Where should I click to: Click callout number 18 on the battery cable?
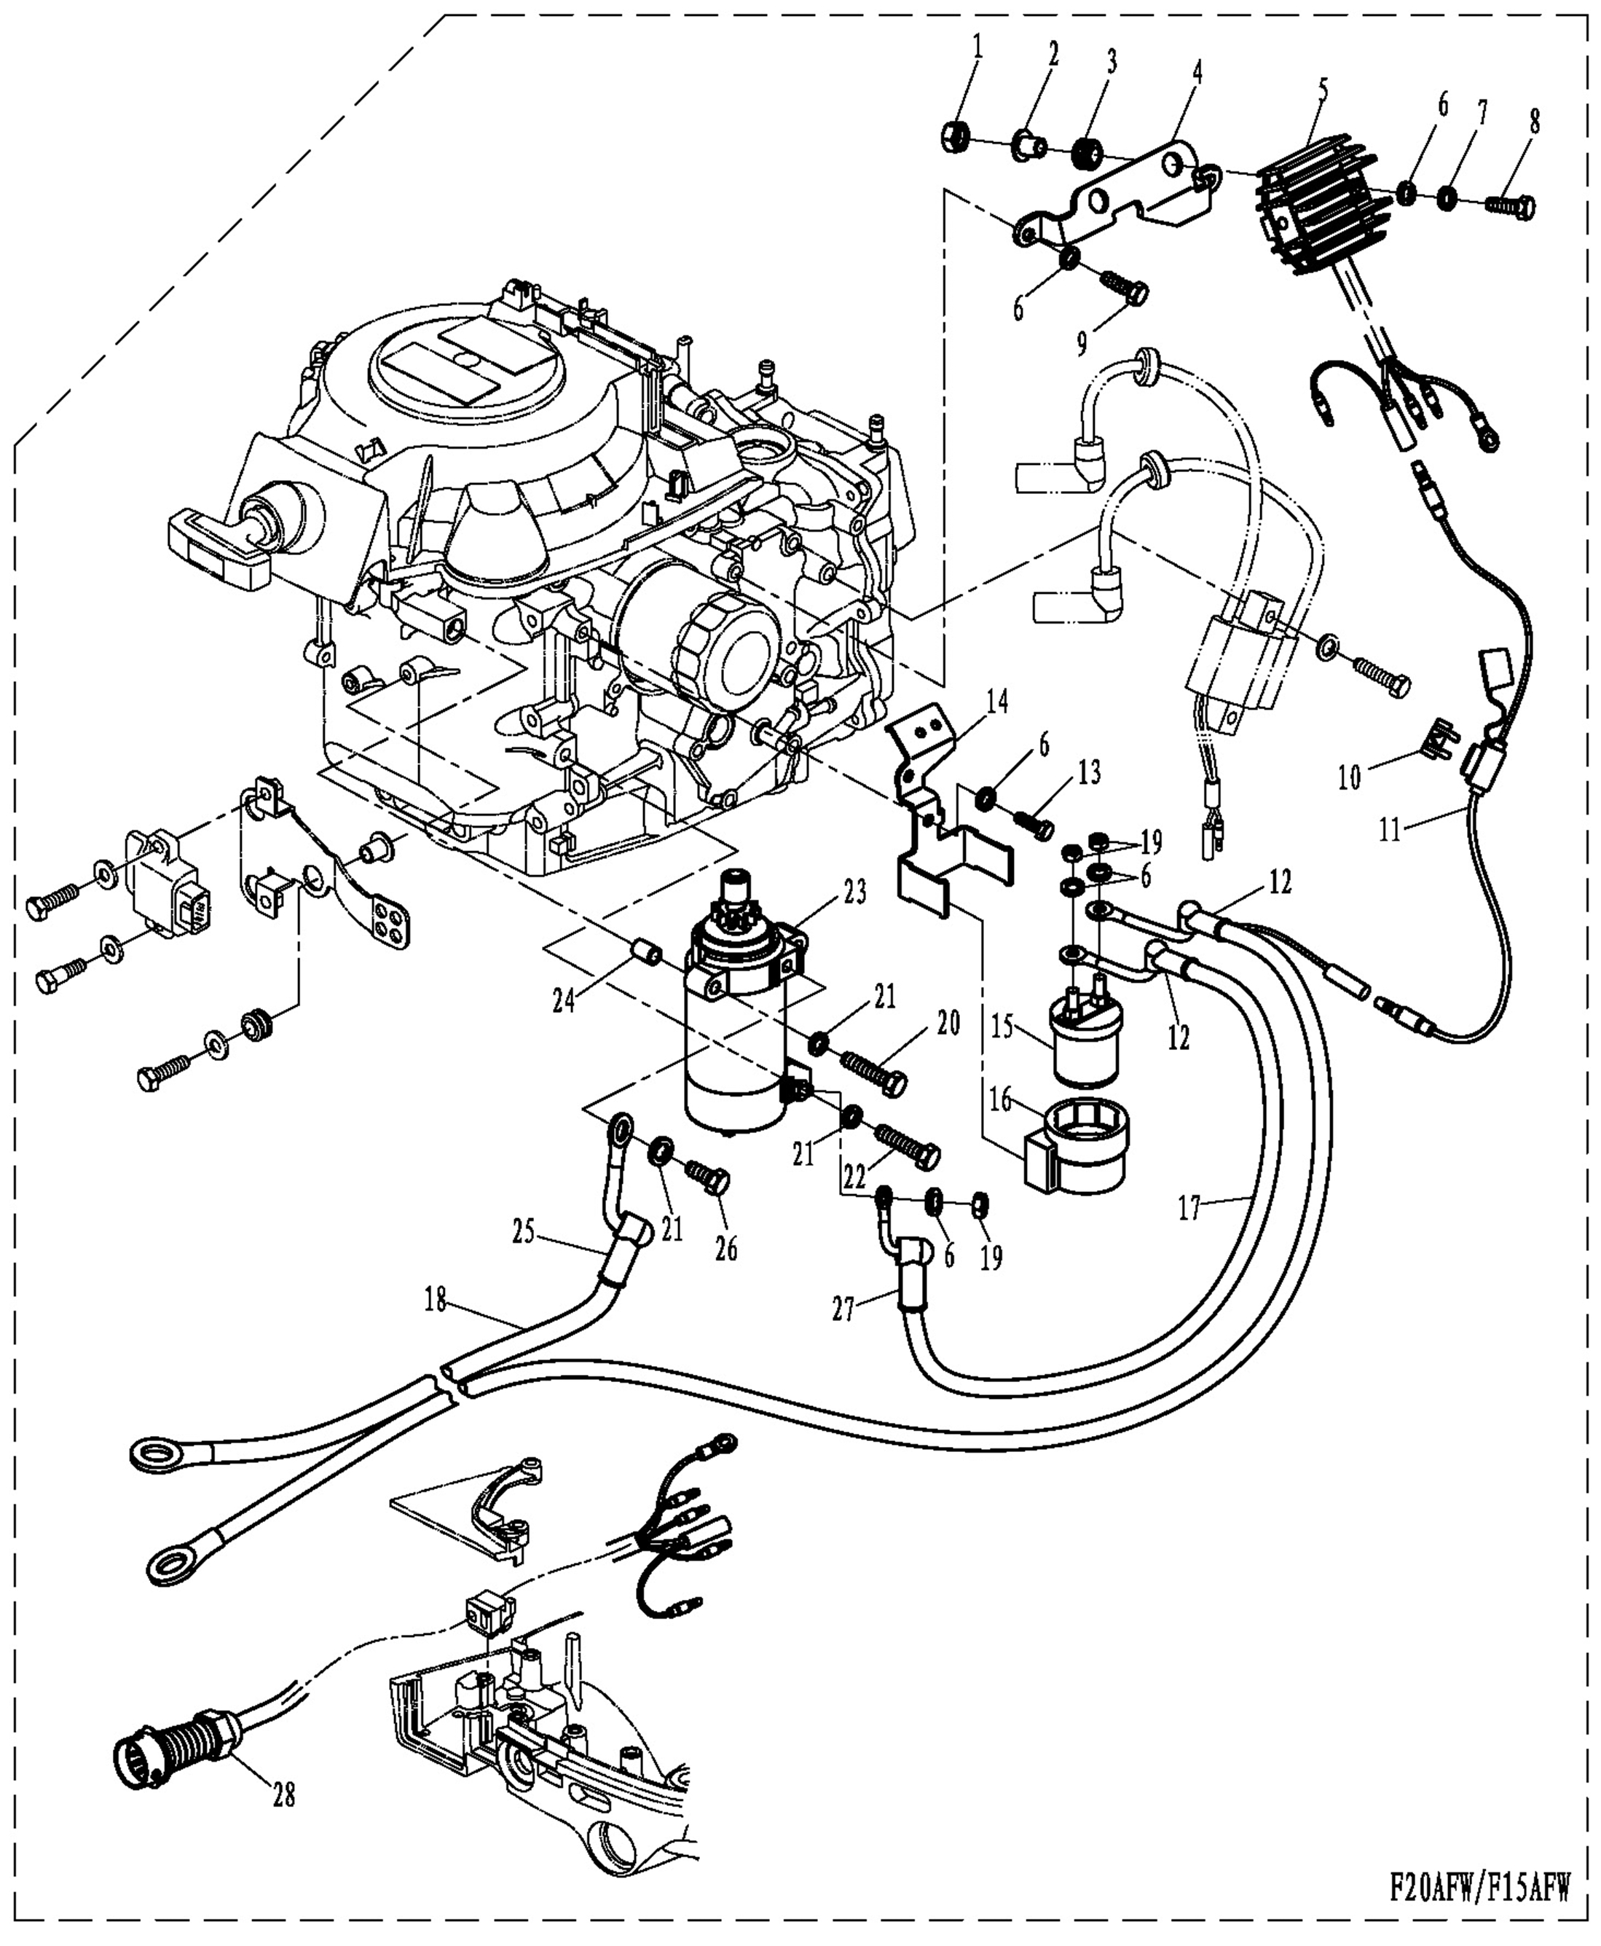point(436,1300)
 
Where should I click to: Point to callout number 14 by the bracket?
point(997,703)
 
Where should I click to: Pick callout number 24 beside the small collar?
point(564,999)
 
